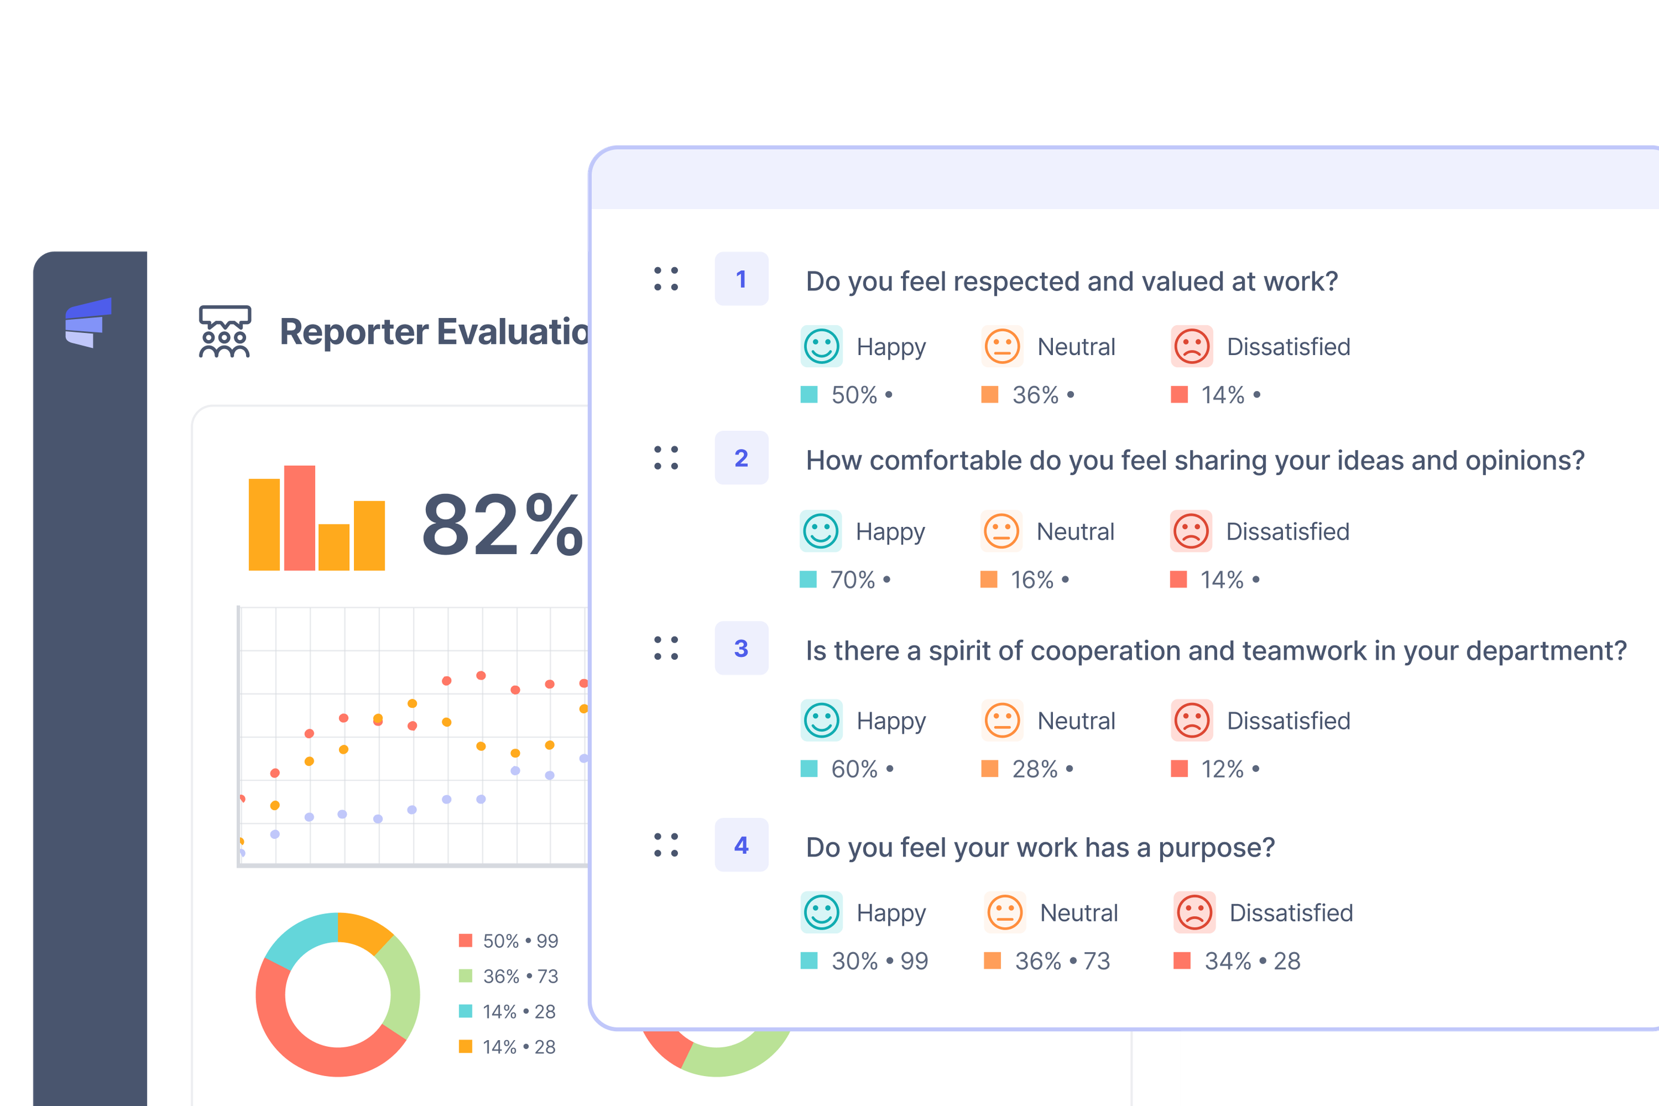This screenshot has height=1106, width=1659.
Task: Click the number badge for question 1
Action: coord(741,278)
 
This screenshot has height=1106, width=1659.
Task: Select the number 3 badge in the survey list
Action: coord(741,649)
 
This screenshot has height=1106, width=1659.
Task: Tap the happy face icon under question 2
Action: coord(821,531)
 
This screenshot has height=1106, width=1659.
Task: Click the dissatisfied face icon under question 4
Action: coord(1194,912)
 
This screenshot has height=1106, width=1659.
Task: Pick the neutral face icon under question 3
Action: coord(1001,720)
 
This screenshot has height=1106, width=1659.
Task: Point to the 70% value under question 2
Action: coord(852,580)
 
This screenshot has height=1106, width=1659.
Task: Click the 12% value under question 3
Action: coord(1222,769)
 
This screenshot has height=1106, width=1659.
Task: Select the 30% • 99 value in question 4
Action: coord(879,960)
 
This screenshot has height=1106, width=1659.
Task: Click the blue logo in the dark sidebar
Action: coord(89,322)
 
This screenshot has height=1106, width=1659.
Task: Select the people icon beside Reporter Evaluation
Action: coord(225,332)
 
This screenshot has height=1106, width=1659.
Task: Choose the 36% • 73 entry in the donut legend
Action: coord(520,976)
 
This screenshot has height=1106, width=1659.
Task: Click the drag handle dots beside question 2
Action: coord(666,457)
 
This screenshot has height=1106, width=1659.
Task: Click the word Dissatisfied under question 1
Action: coord(1288,347)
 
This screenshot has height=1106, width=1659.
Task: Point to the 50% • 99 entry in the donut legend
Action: coord(520,941)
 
